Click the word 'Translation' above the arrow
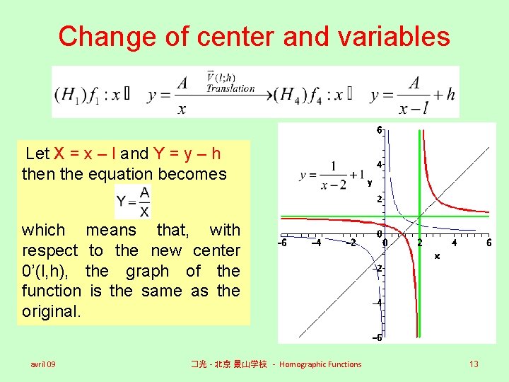[230, 88]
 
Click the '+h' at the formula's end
[446, 94]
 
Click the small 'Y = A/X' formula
[133, 202]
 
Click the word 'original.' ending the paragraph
[49, 311]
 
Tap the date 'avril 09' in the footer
[43, 364]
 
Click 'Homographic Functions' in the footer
[320, 364]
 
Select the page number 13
[474, 364]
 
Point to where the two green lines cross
[419, 216]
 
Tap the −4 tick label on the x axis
[316, 243]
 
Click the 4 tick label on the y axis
[379, 165]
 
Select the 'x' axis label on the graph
[437, 256]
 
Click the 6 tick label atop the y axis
[379, 130]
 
